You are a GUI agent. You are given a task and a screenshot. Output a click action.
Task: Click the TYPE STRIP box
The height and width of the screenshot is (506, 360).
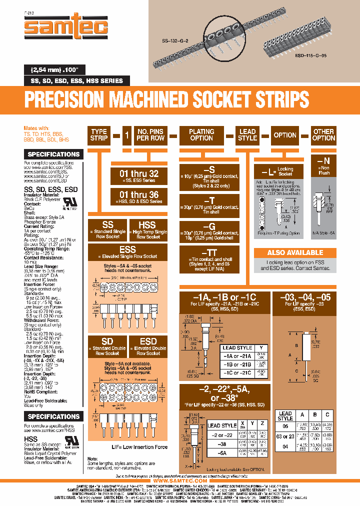(x=98, y=135)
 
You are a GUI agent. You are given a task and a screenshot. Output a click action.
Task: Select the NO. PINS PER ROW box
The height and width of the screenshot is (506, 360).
(x=150, y=135)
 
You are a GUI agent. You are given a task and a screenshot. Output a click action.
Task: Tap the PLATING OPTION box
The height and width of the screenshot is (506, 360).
(x=201, y=135)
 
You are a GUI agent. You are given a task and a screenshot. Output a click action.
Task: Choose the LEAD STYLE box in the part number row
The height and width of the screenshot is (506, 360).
(x=247, y=135)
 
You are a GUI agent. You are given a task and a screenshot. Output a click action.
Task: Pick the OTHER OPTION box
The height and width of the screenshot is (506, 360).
(x=323, y=135)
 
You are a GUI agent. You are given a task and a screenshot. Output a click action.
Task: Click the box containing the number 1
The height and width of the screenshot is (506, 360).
(x=126, y=135)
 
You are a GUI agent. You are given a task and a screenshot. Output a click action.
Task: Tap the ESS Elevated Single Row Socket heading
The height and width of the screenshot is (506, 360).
(x=127, y=249)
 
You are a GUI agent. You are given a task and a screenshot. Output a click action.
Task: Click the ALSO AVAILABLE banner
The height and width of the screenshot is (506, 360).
(x=295, y=253)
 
